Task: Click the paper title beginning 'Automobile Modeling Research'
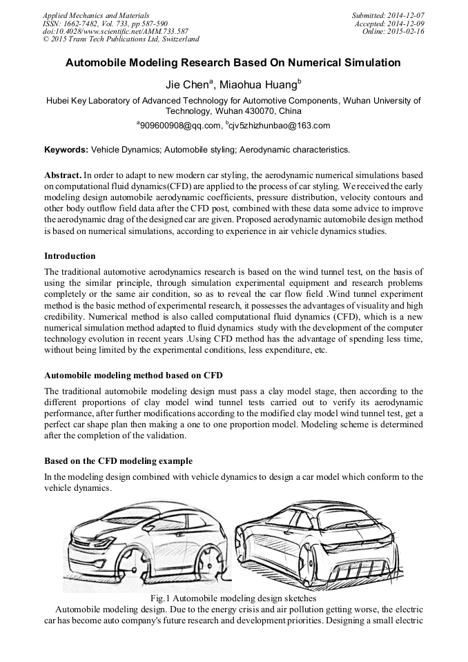tap(233, 63)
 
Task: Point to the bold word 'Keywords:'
tap(66, 149)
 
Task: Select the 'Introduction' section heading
tap(70, 256)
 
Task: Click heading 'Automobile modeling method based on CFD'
tap(133, 376)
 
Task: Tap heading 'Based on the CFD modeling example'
tap(118, 461)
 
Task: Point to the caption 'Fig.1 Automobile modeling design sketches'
tap(233, 598)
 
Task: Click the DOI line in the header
tap(115, 31)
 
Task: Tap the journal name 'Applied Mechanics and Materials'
tap(96, 14)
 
